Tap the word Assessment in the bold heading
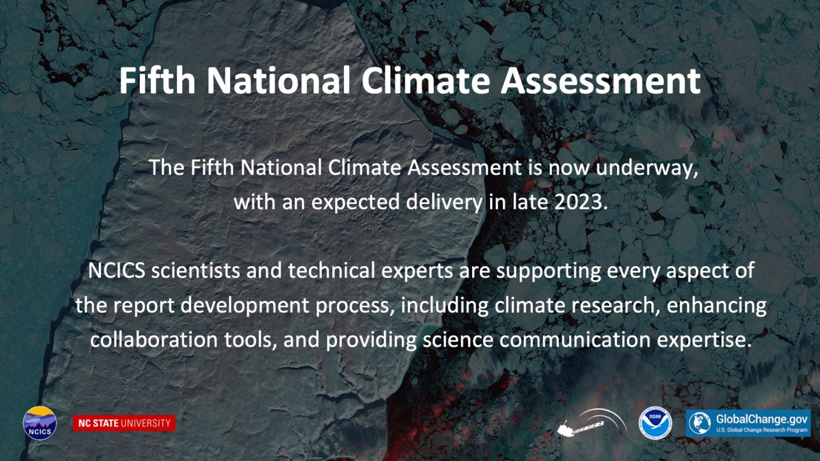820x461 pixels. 600,81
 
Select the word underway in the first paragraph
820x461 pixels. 647,169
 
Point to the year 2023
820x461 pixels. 581,202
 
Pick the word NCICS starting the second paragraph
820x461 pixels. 117,271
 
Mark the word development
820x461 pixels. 245,306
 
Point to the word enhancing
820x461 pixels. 716,306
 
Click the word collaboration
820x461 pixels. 154,339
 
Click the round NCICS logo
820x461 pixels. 39,423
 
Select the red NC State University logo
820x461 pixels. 124,423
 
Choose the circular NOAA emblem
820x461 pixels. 655,423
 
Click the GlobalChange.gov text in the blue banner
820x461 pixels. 761,419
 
